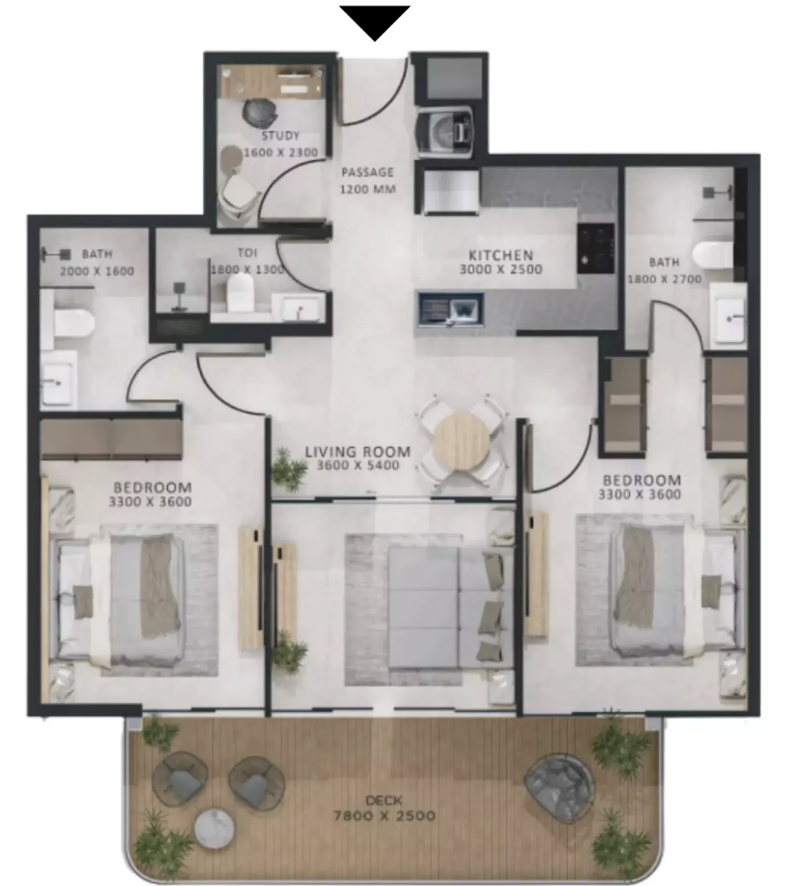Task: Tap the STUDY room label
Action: (x=280, y=136)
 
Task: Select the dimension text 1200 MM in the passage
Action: (x=368, y=189)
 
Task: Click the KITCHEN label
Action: (x=501, y=254)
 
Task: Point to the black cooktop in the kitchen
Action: (x=595, y=248)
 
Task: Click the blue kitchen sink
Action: (x=451, y=309)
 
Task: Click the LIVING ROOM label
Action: (x=358, y=452)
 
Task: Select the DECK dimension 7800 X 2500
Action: (x=384, y=816)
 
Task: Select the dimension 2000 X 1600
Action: (x=97, y=272)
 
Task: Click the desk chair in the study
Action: (x=260, y=112)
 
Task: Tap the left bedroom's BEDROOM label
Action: (x=152, y=487)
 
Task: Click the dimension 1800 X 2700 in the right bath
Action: (x=665, y=279)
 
